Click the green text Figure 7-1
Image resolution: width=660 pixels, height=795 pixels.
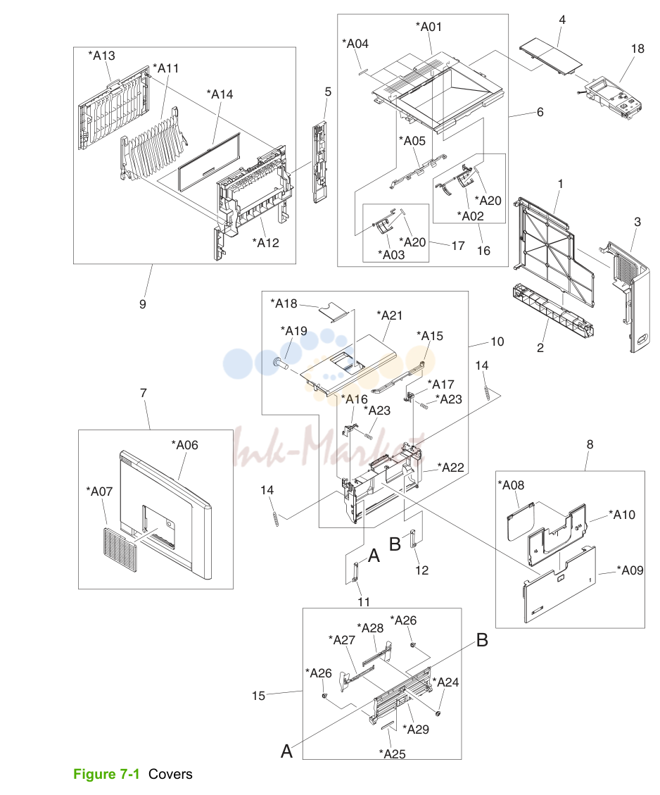coord(106,774)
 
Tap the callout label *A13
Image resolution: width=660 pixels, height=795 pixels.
coord(101,55)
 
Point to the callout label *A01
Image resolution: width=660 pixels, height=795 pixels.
coord(429,26)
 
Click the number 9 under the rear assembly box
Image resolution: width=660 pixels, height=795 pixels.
coord(143,303)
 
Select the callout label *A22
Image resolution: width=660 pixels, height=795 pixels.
coord(451,467)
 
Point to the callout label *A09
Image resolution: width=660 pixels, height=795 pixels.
coord(630,570)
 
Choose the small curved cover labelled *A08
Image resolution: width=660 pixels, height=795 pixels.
coord(521,522)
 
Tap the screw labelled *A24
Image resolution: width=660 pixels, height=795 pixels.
coord(438,713)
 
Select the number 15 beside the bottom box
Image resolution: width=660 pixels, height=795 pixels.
coord(258,696)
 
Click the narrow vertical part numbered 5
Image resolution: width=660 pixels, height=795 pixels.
coord(319,162)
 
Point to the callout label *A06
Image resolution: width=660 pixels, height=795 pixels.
coord(184,444)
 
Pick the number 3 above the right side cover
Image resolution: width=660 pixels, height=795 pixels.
coord(637,222)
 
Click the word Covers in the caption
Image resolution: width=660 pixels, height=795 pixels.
coord(170,774)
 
